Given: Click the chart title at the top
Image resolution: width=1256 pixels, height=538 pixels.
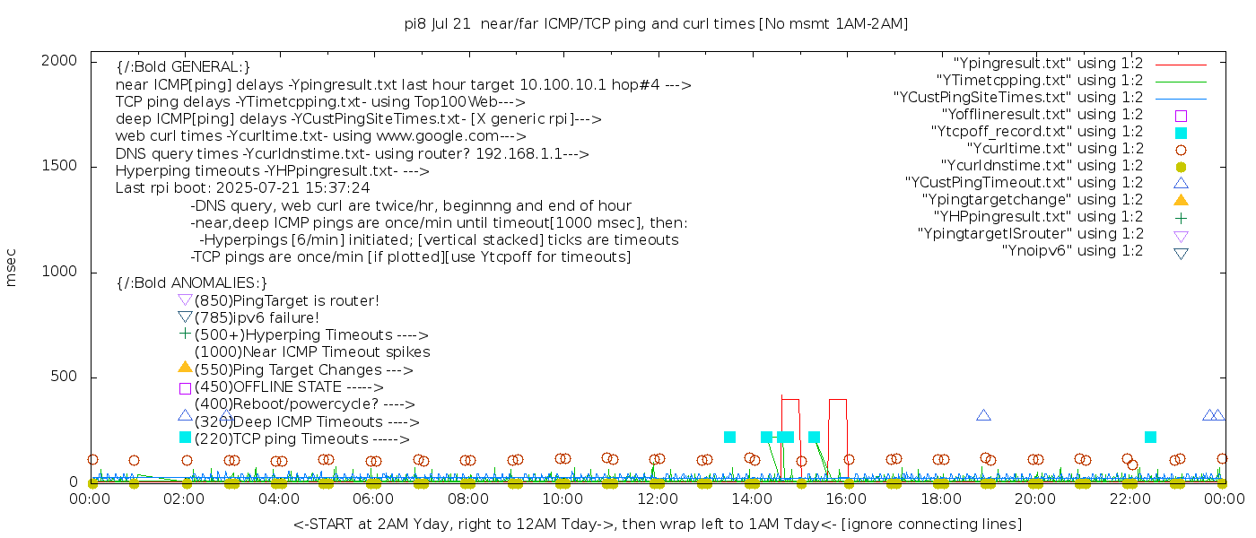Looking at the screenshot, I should tap(656, 23).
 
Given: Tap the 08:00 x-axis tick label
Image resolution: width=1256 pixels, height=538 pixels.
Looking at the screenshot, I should tap(467, 499).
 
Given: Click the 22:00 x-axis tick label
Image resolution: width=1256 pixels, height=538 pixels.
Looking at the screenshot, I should tap(1129, 499).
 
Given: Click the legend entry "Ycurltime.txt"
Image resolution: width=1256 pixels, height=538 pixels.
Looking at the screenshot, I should tap(1054, 149).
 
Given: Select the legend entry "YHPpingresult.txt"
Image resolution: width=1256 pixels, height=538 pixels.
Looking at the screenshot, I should tap(1038, 217).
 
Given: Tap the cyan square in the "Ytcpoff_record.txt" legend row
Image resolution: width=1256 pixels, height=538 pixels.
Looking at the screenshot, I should tap(1181, 133).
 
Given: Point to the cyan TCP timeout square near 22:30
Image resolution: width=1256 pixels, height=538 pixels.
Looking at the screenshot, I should tap(1150, 437).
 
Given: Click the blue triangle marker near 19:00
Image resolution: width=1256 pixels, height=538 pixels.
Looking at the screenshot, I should tap(983, 415).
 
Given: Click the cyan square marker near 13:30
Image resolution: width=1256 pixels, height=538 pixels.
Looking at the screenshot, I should tap(729, 437).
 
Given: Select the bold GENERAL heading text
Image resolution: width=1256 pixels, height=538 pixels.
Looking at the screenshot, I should tap(183, 67).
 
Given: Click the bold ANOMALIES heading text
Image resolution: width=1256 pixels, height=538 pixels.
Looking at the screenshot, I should tap(192, 282).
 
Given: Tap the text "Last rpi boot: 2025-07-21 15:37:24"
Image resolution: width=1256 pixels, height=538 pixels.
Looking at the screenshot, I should tap(242, 188).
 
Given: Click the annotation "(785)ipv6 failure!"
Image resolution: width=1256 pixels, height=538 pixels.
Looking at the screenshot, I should tap(257, 317).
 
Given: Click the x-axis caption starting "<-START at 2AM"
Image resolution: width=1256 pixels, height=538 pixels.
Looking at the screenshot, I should tap(657, 524).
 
